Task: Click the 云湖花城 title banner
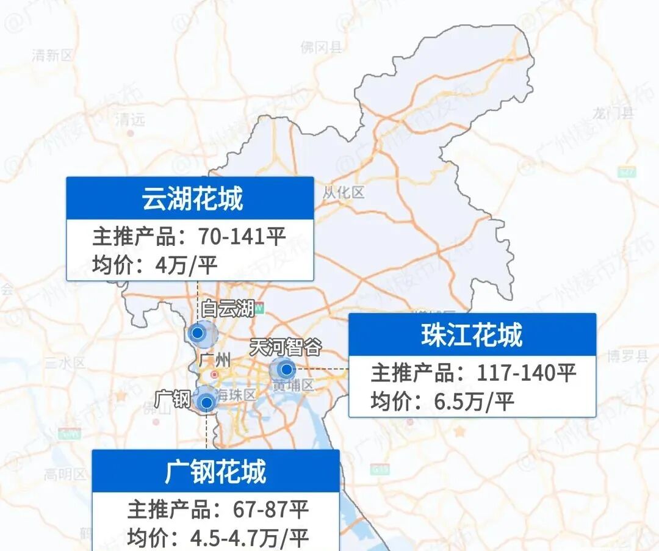(190, 198)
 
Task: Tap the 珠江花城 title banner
(472, 335)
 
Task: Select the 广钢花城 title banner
(215, 472)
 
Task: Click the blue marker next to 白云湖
(198, 333)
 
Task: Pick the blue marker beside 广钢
(207, 402)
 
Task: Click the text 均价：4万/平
(154, 265)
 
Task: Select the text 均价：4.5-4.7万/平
(218, 538)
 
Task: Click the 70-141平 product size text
(242, 236)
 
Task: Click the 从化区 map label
(344, 193)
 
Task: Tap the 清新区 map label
(52, 56)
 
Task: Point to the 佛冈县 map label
(322, 47)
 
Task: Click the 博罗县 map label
(628, 356)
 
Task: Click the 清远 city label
(130, 120)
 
